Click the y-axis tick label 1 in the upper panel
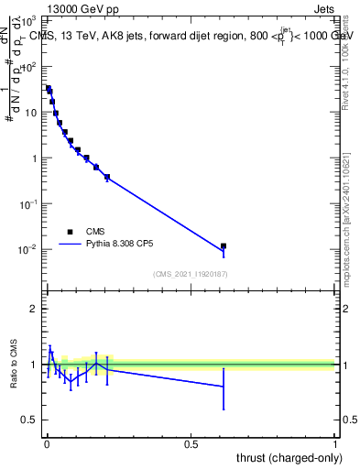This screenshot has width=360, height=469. [x=34, y=158]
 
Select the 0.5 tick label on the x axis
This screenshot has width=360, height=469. [x=191, y=444]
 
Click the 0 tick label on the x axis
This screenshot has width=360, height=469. [x=46, y=444]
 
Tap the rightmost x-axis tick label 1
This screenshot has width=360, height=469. [x=336, y=444]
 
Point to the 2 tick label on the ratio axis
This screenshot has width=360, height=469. [x=34, y=309]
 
